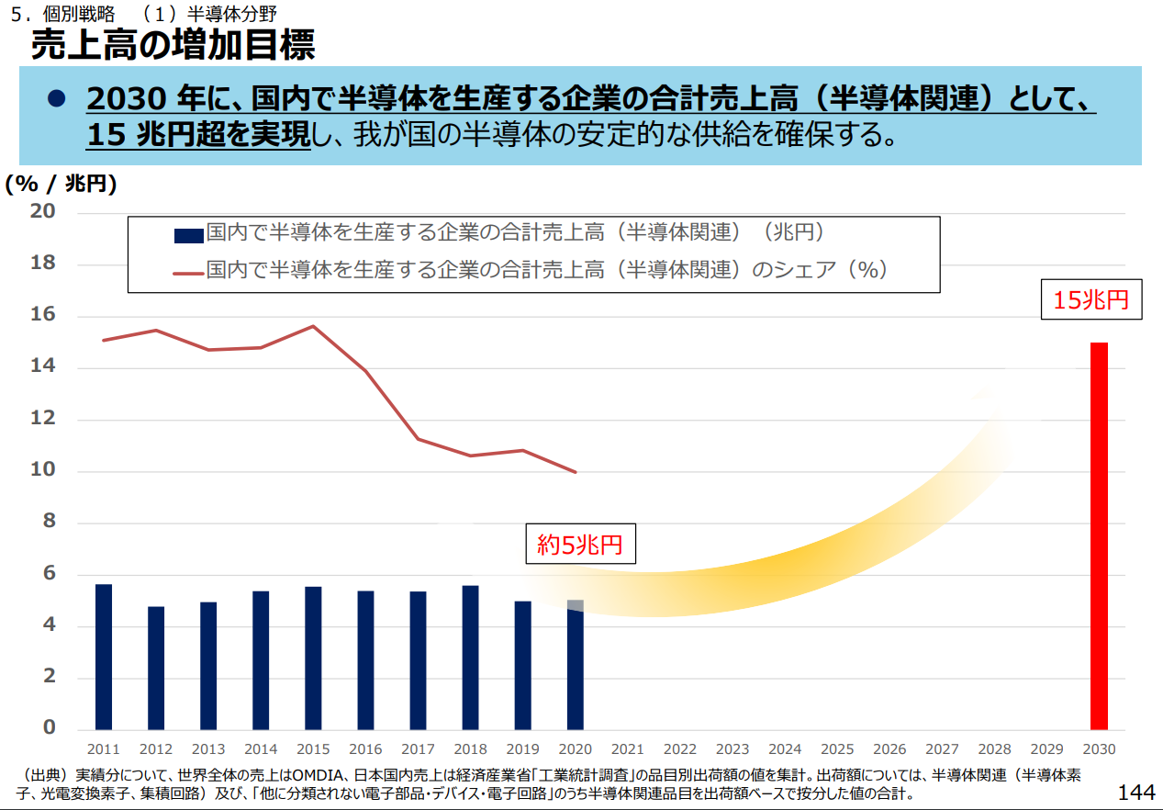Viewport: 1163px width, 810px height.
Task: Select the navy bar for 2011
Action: click(x=104, y=656)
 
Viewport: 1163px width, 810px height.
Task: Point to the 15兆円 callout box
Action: click(x=1090, y=300)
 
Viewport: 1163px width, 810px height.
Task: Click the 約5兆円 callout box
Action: click(x=580, y=545)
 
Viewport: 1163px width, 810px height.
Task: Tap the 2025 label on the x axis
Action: click(x=837, y=749)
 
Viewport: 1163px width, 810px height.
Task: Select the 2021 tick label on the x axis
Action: click(x=628, y=749)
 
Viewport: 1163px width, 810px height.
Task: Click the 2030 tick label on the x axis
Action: click(x=1099, y=749)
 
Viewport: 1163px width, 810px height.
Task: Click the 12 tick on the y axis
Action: click(x=44, y=419)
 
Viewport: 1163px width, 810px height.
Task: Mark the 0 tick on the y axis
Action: click(x=50, y=728)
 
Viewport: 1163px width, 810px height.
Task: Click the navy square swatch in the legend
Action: click(x=188, y=235)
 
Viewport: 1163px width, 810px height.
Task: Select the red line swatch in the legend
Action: click(x=188, y=272)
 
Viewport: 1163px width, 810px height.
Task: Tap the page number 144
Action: click(x=1136, y=792)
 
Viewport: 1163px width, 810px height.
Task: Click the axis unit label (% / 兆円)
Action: click(x=61, y=184)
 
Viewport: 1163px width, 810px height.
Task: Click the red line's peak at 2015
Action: click(x=313, y=326)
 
